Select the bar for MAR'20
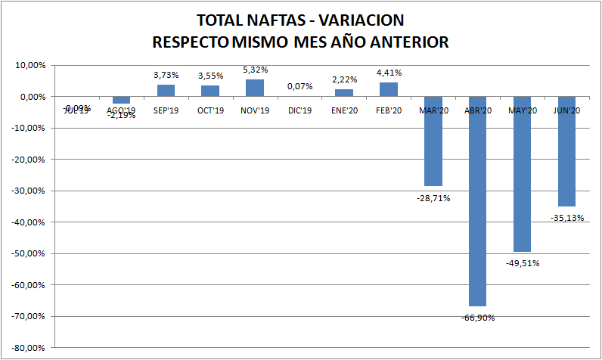tap(433, 141)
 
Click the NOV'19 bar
tap(255, 88)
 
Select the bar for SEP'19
tap(166, 91)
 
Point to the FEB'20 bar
tap(389, 89)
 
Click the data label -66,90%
tap(478, 318)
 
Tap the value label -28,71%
tap(433, 197)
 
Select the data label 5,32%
tap(255, 70)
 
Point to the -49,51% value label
tap(523, 263)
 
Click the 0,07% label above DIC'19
tap(299, 87)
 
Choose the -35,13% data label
tap(567, 218)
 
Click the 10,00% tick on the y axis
tap(31, 65)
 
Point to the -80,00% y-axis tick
tap(29, 348)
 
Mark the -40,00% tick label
tap(29, 222)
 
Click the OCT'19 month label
tap(210, 110)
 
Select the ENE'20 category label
tap(344, 110)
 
